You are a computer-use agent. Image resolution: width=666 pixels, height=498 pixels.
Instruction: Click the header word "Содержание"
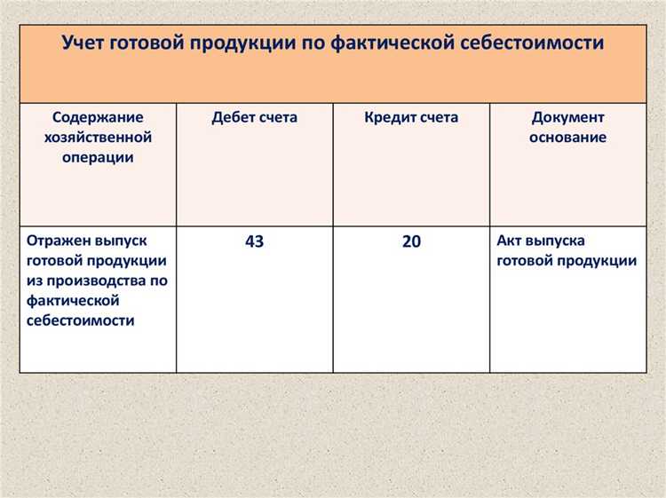click(98, 117)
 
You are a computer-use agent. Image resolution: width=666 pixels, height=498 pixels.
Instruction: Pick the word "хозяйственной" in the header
click(98, 138)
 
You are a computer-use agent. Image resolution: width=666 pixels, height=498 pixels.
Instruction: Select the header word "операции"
click(98, 157)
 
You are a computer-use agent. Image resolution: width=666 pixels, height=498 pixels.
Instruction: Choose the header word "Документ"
click(567, 117)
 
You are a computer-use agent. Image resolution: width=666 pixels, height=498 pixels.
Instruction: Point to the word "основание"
click(567, 138)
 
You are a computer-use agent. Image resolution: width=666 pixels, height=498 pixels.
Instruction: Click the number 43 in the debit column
click(254, 241)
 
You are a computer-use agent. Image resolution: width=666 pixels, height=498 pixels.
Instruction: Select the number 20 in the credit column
click(411, 241)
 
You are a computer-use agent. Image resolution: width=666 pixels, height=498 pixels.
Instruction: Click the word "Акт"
click(510, 241)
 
